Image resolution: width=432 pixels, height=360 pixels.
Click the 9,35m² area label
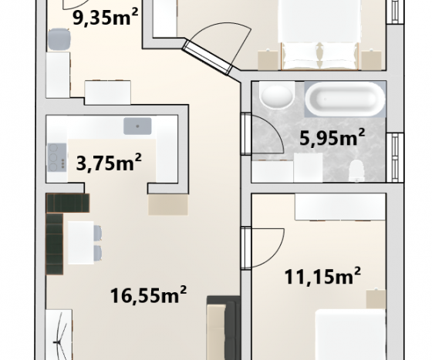tap(105, 18)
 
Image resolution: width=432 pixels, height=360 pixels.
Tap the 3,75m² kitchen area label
tap(109, 163)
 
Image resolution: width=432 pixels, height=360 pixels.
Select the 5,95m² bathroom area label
tap(332, 137)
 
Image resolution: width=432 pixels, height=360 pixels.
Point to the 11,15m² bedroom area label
tap(322, 276)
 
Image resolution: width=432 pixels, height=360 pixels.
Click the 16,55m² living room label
tap(148, 294)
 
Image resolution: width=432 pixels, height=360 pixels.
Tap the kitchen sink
tap(137, 126)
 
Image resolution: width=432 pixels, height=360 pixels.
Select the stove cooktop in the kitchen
tap(57, 157)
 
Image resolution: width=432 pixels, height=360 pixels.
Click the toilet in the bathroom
tap(356, 170)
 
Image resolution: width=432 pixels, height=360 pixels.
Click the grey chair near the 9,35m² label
tap(59, 39)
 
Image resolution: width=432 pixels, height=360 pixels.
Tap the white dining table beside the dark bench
tap(81, 243)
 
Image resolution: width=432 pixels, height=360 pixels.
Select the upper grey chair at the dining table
tap(98, 232)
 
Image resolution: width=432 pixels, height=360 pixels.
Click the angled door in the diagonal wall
tap(207, 57)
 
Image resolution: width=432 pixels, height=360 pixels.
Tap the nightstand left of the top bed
tap(268, 59)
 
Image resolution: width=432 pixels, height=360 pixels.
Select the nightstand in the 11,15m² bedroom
tap(376, 299)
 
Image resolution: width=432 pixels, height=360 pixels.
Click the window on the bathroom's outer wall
tap(395, 157)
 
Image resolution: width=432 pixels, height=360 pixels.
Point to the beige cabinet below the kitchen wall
tap(168, 204)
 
